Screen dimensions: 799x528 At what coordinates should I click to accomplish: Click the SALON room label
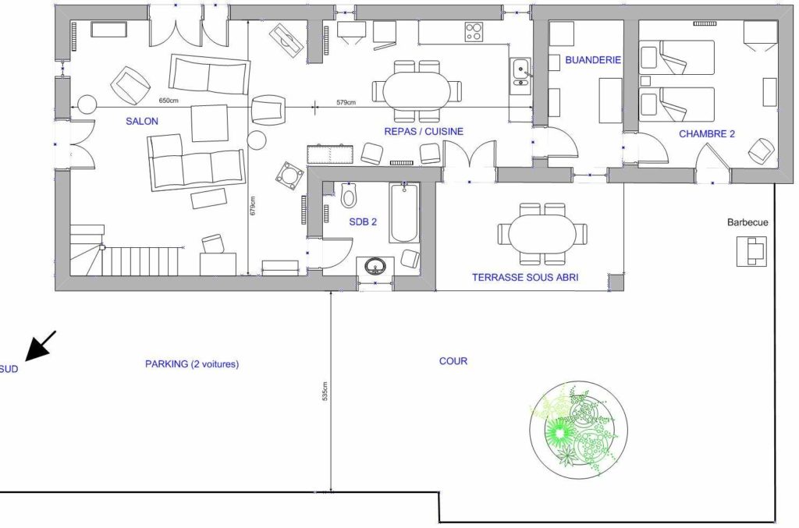point(142,121)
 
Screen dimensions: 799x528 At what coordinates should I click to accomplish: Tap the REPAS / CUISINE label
point(424,131)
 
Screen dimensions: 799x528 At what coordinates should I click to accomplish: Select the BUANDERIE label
point(593,59)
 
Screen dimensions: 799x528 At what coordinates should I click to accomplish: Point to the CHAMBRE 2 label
point(707,134)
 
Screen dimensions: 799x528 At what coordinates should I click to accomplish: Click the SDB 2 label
point(363,221)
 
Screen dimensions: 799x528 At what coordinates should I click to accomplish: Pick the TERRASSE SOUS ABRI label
point(525,278)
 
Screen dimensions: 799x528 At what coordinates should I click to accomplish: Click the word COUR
point(453,361)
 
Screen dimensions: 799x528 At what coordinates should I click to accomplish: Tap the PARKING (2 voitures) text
point(192,364)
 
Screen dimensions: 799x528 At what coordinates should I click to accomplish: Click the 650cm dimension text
point(169,101)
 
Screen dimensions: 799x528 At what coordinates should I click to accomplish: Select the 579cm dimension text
point(346,102)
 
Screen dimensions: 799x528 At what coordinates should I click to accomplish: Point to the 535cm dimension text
point(325,391)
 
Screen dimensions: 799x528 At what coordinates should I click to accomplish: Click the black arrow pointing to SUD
point(41,346)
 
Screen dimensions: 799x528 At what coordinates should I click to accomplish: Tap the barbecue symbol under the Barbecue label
point(751,252)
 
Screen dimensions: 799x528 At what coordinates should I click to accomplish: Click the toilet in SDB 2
point(349,196)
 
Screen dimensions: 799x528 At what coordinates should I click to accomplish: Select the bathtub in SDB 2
point(405,214)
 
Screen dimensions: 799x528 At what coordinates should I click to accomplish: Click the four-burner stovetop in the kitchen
point(474,32)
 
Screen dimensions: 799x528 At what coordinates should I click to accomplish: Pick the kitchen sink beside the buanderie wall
point(520,76)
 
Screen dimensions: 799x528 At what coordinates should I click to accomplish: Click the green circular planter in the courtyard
point(579,431)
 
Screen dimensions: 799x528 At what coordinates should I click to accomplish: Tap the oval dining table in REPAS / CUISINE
point(417,90)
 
